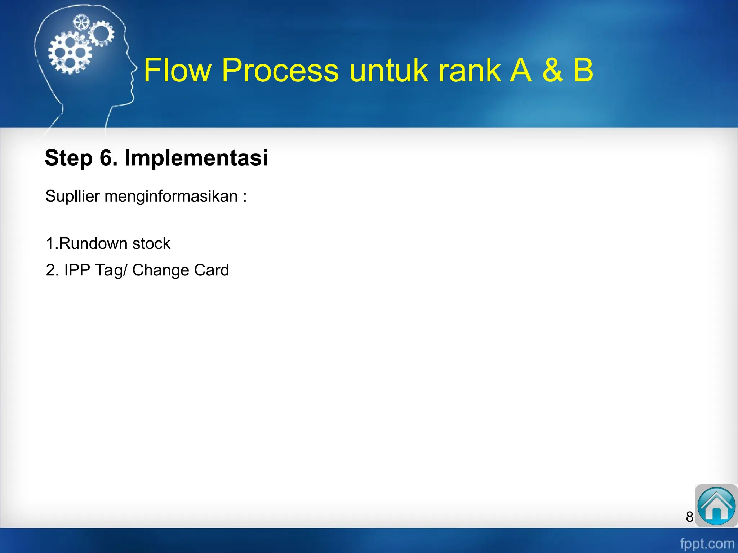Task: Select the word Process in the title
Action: (x=280, y=70)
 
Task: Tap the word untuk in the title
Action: (x=388, y=70)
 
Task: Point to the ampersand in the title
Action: (x=552, y=70)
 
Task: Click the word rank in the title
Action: (x=468, y=70)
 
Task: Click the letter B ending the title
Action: (x=583, y=70)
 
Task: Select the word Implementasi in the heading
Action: (x=196, y=158)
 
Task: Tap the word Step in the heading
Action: (x=68, y=158)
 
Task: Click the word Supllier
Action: (x=72, y=197)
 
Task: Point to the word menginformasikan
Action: (x=171, y=197)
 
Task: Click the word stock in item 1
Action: (x=151, y=244)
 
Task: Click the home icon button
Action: (x=716, y=506)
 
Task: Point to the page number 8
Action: (x=689, y=517)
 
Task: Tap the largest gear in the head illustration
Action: (x=70, y=53)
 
